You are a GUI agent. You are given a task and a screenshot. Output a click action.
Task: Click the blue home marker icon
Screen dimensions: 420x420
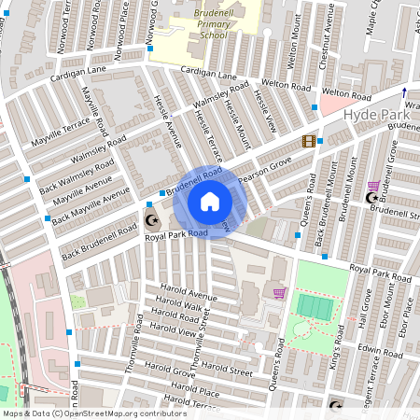point(210,202)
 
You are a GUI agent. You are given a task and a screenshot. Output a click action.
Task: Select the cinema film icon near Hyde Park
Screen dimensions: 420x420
point(308,141)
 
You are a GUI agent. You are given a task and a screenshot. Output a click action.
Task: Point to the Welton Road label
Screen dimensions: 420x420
point(346,96)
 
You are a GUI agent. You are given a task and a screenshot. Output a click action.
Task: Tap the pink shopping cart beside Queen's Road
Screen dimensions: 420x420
point(278,293)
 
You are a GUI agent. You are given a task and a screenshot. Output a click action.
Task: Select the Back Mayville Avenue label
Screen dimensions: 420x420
point(91,208)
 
